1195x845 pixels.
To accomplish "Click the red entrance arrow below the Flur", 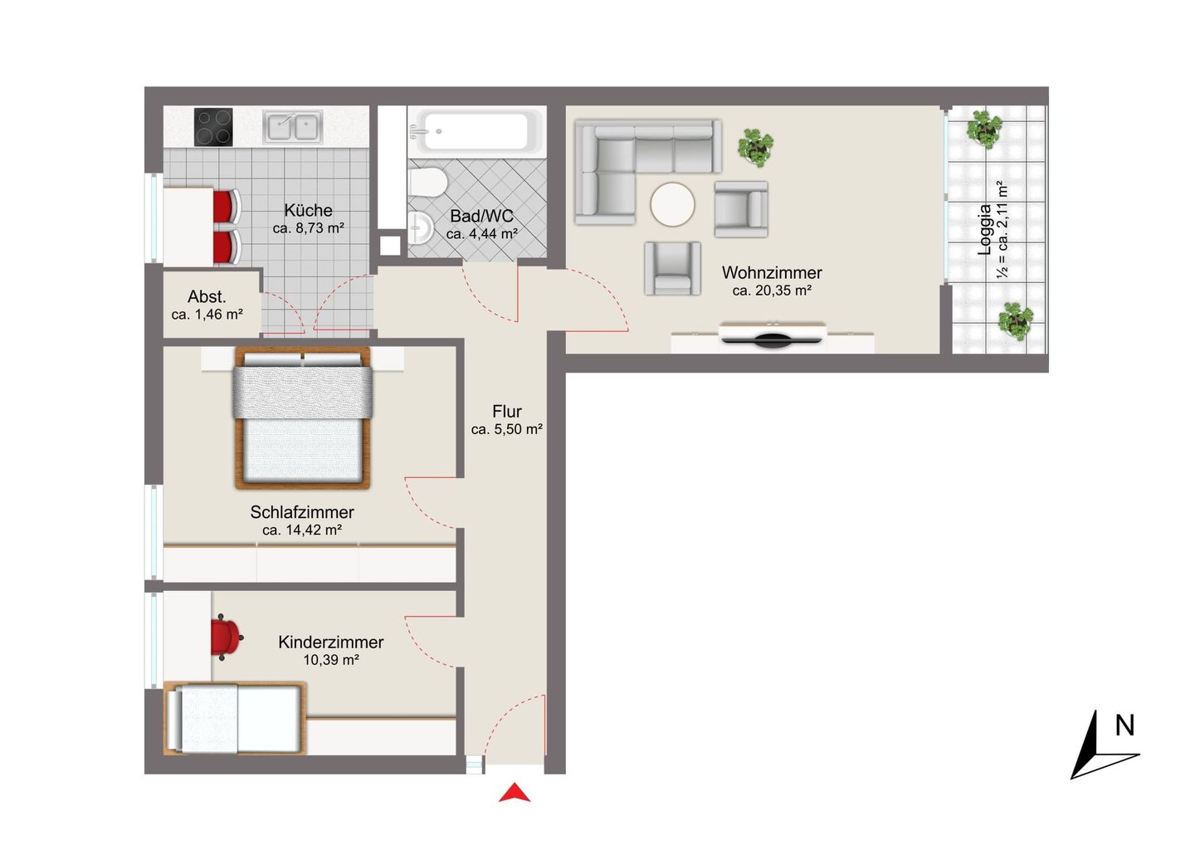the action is (x=515, y=793).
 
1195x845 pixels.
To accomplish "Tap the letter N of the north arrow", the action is (x=1124, y=726).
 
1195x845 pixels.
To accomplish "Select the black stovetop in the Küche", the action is (x=213, y=127).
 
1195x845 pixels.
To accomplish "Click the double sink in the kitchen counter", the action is (x=292, y=127).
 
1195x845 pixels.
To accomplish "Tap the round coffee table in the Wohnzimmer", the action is (x=672, y=204).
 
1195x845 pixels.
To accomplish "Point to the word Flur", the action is (x=507, y=412).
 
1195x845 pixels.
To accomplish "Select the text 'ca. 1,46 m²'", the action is (x=207, y=315).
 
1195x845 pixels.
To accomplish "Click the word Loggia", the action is (x=984, y=230).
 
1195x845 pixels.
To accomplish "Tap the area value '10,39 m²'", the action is (x=331, y=660).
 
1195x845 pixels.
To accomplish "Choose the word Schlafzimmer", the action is (x=302, y=512).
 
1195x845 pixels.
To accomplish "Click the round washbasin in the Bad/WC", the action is (x=422, y=227).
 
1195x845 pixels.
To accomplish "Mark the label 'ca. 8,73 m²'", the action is (x=309, y=228).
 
